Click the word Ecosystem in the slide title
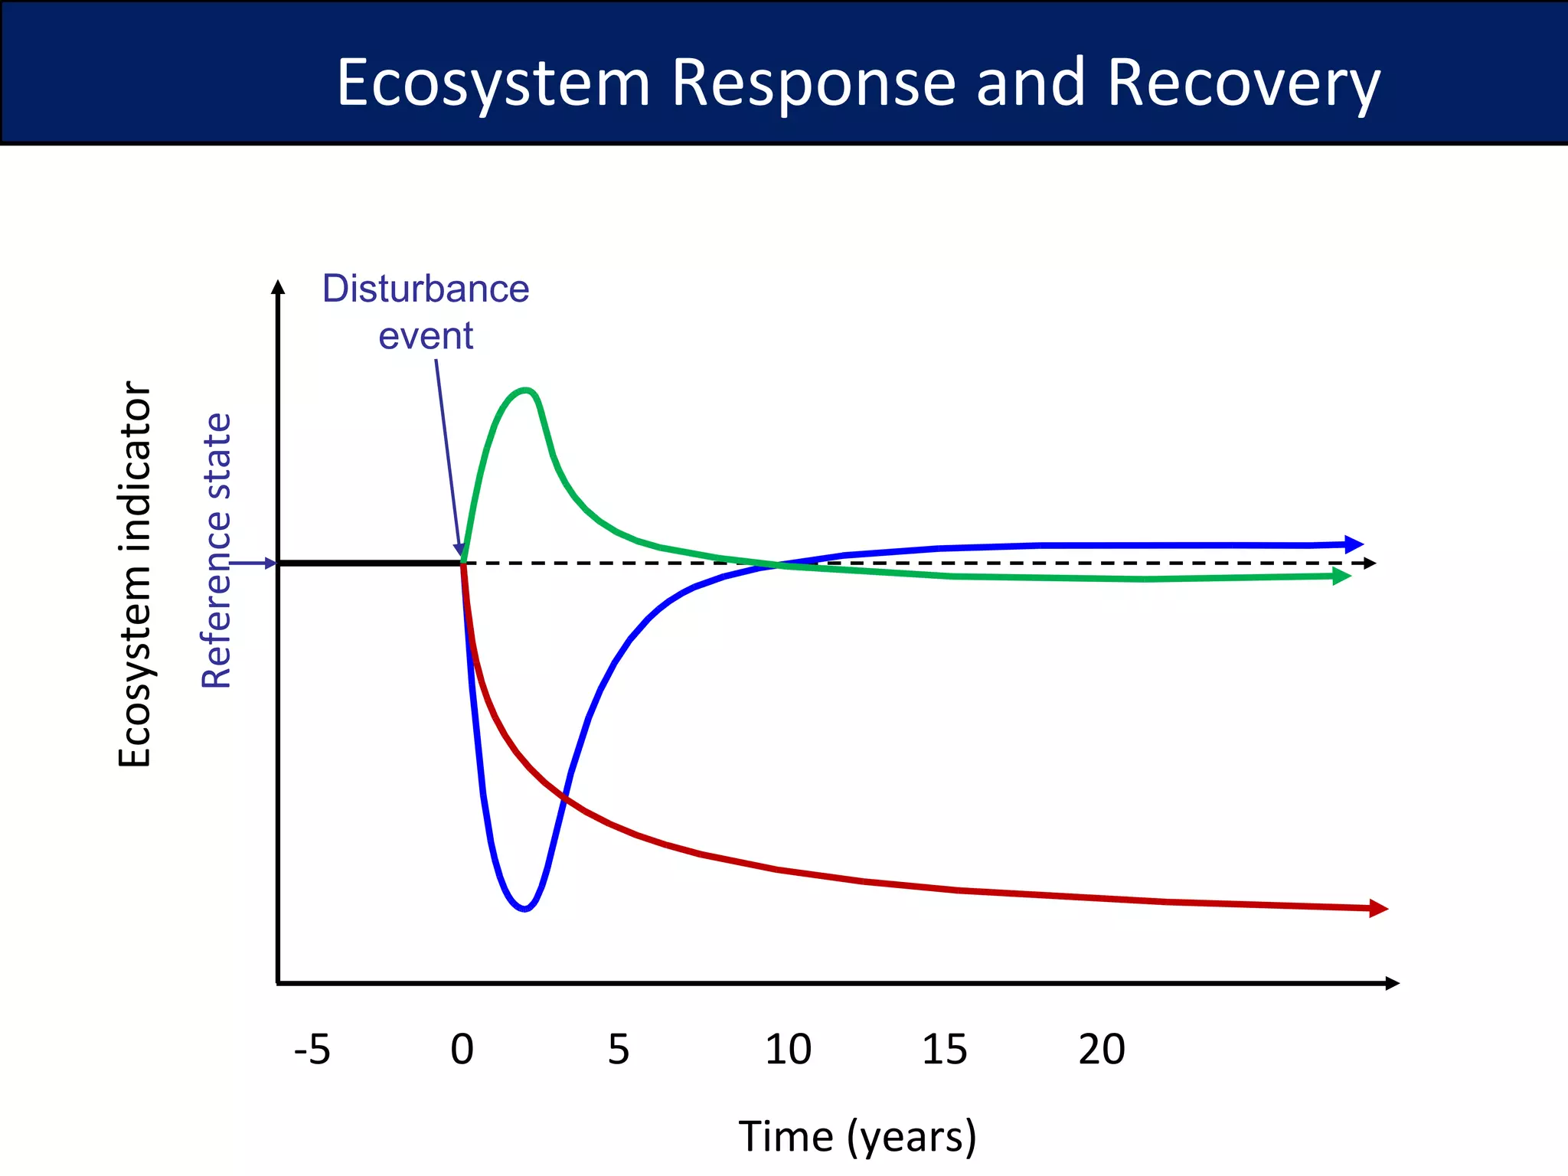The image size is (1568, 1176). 493,83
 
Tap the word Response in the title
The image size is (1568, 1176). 813,83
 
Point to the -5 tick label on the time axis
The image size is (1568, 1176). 312,1049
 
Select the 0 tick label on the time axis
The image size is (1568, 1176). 462,1049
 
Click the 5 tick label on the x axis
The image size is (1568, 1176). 619,1049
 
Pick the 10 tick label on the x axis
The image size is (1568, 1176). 788,1049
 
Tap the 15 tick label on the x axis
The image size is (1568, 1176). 944,1049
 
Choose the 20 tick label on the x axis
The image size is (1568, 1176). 1102,1049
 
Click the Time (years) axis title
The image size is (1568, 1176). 857,1136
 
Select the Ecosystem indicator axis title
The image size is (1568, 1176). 135,574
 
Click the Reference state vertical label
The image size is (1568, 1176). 217,551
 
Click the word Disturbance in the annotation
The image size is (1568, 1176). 426,289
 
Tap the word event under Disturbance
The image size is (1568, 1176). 426,336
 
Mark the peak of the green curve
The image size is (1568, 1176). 525,390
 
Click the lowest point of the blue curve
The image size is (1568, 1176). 524,909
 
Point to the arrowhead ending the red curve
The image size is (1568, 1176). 1378,908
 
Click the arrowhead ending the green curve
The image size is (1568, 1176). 1341,577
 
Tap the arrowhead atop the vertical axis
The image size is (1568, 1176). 279,287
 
